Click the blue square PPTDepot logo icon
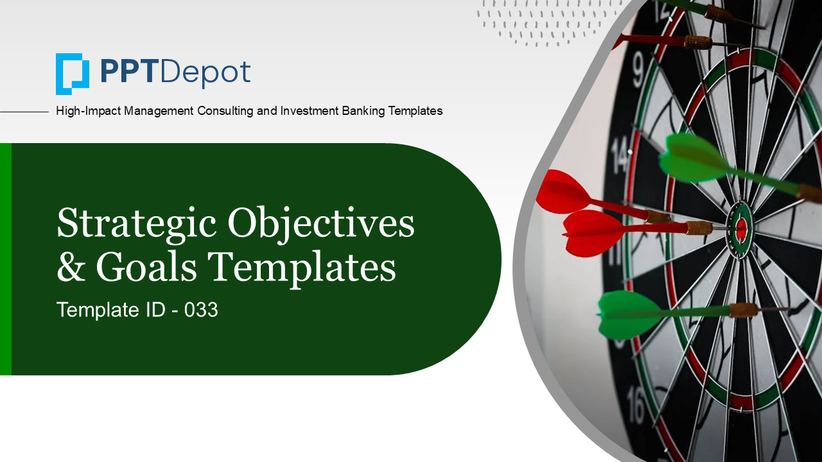tap(73, 74)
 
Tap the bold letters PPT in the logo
tap(128, 72)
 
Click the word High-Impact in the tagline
tap(88, 111)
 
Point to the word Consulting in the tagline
tap(225, 111)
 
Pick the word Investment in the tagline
tap(310, 110)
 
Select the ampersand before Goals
tap(71, 267)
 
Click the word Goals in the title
tap(146, 267)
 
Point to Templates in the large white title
tap(302, 269)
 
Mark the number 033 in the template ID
tap(201, 309)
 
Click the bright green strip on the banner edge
tap(6, 259)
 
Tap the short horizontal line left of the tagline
tap(24, 112)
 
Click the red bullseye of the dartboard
tap(741, 228)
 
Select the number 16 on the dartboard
tap(636, 405)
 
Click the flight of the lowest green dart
tap(628, 314)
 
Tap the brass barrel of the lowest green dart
tap(743, 310)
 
